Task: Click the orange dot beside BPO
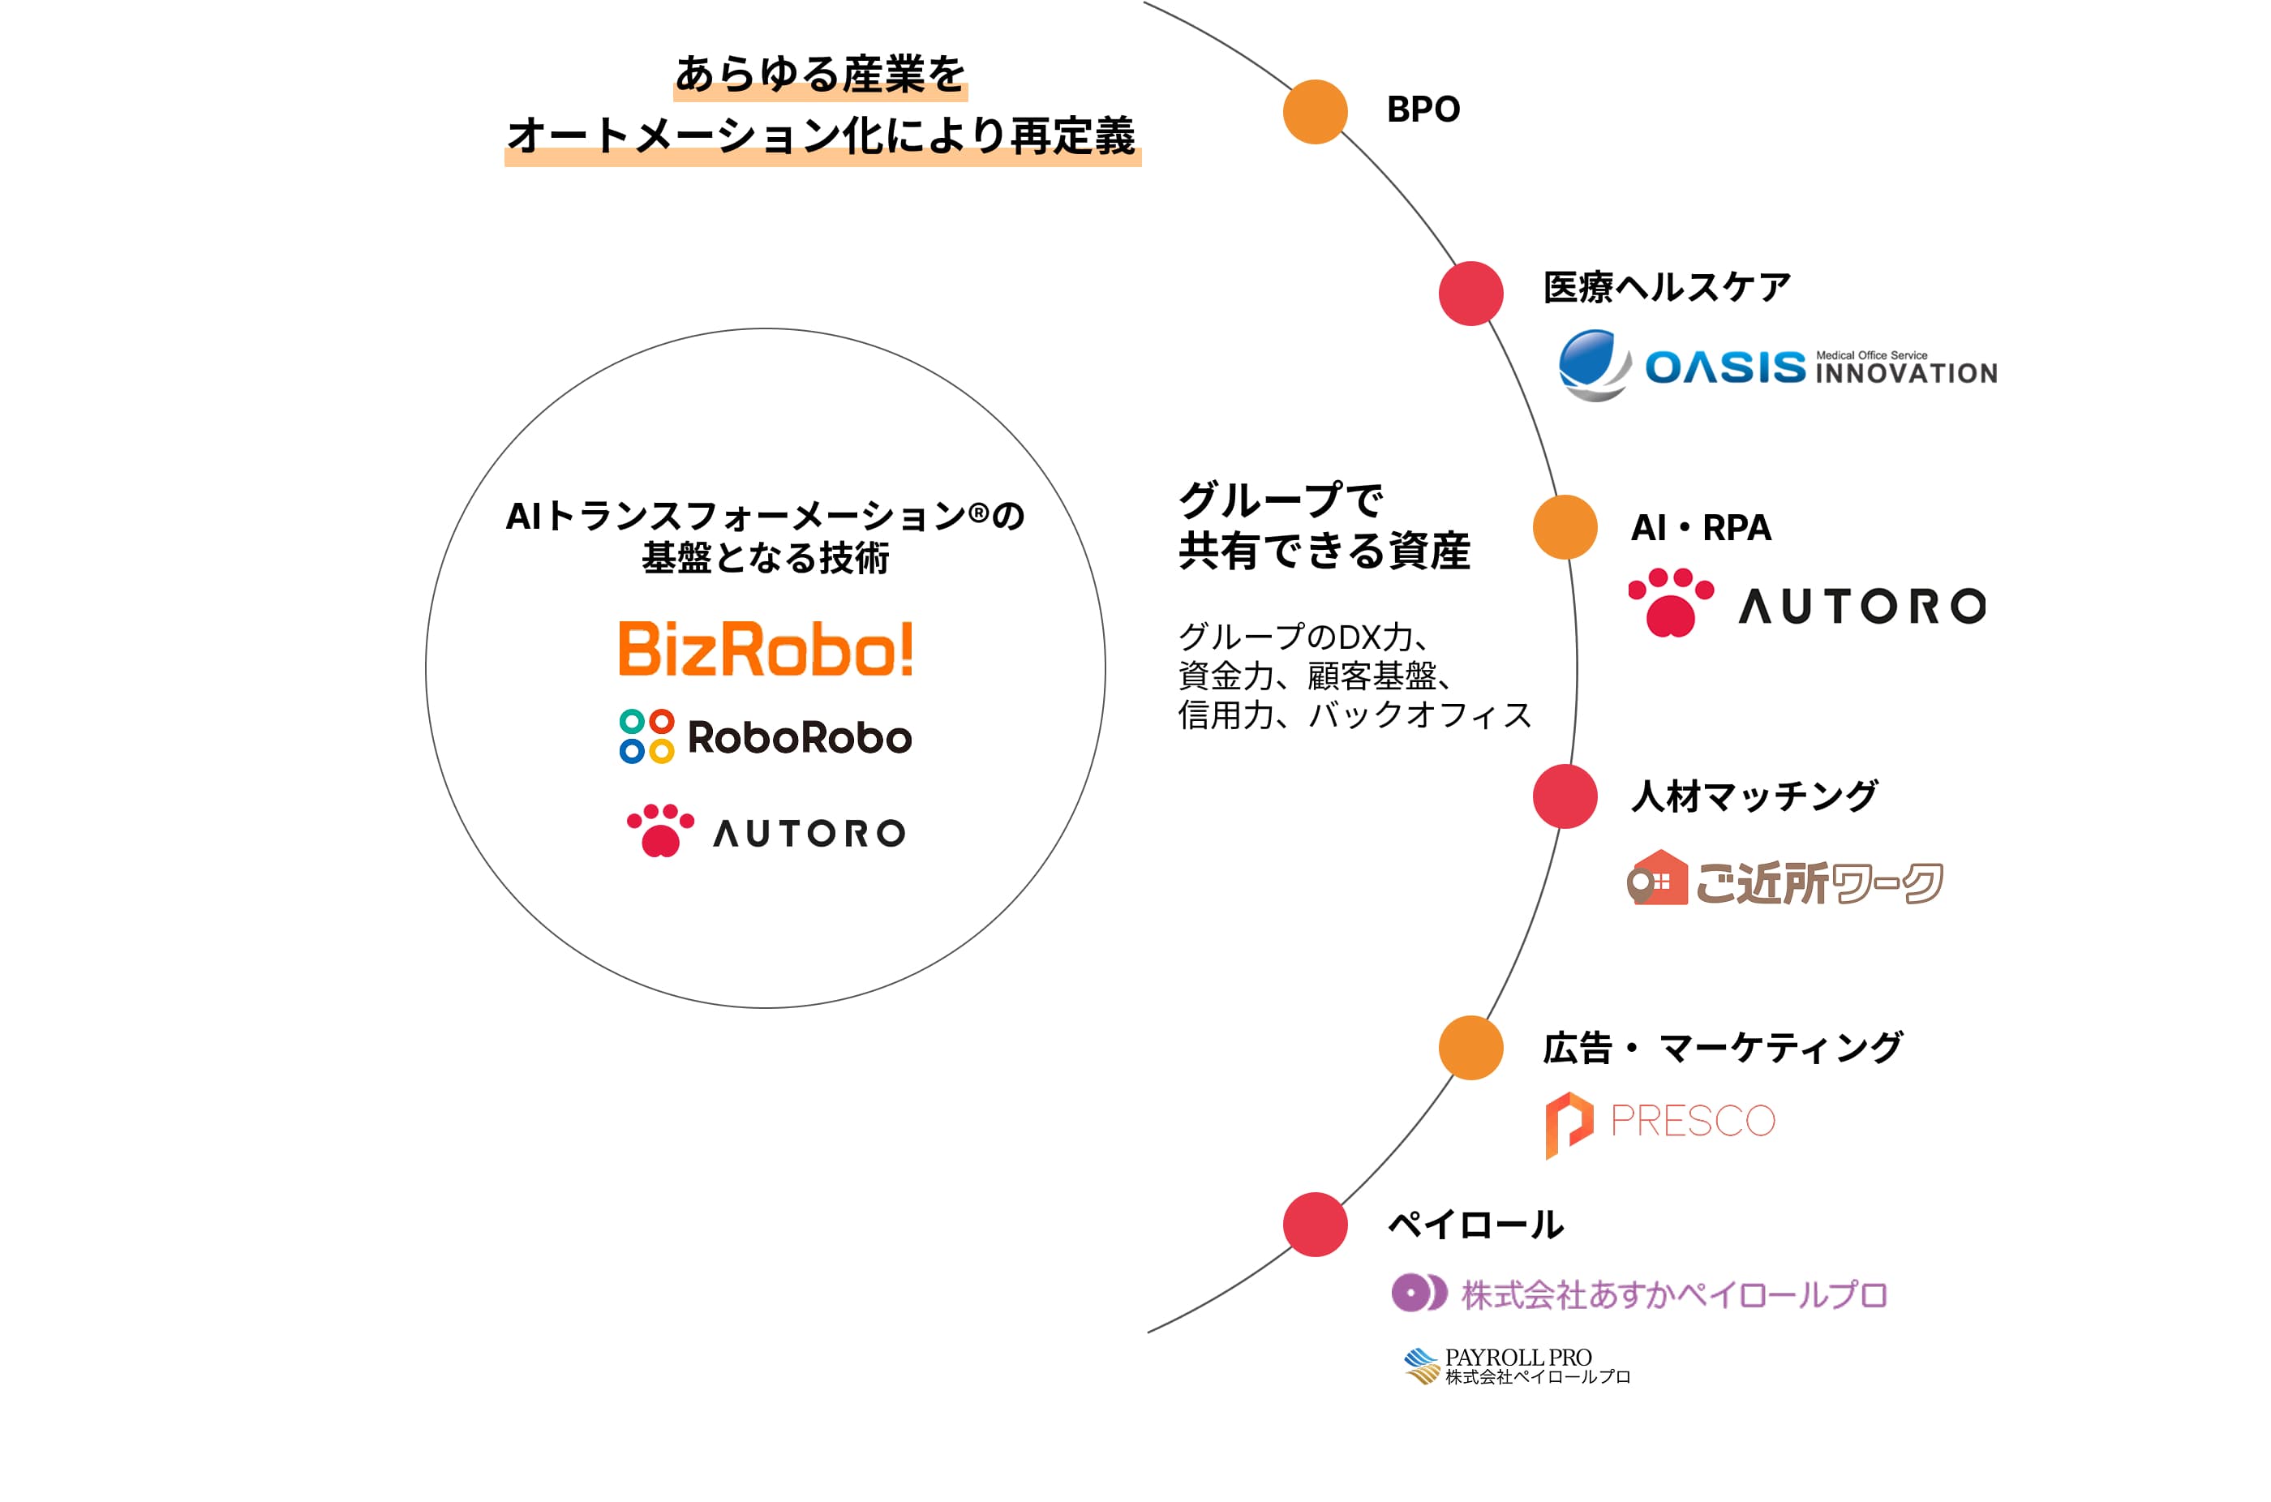(1315, 112)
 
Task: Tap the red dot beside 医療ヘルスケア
(1471, 293)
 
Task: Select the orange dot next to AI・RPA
(1565, 527)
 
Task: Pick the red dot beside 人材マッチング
(1565, 796)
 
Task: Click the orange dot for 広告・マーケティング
(1471, 1048)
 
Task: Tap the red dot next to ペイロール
(1315, 1224)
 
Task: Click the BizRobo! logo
(766, 649)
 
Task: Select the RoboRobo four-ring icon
(646, 736)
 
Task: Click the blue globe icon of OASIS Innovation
(1595, 365)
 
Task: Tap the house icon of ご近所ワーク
(1657, 878)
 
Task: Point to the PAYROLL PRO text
(1518, 1358)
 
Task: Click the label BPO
(1423, 110)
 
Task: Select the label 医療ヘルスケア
(1667, 287)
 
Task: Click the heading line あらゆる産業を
(821, 75)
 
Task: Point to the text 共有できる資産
(1324, 551)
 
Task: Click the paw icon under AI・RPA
(1672, 603)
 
